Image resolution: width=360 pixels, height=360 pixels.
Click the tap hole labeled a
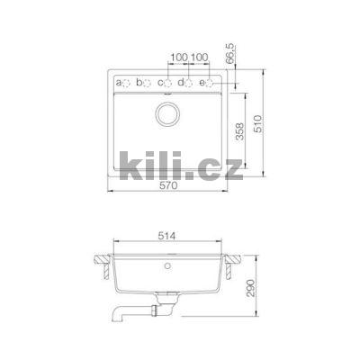127,84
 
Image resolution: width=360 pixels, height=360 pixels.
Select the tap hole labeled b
147,84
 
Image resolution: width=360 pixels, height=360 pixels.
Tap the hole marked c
168,84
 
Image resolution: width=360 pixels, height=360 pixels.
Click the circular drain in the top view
168,113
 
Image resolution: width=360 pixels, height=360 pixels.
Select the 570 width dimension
167,187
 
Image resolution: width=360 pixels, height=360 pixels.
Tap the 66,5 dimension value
235,68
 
